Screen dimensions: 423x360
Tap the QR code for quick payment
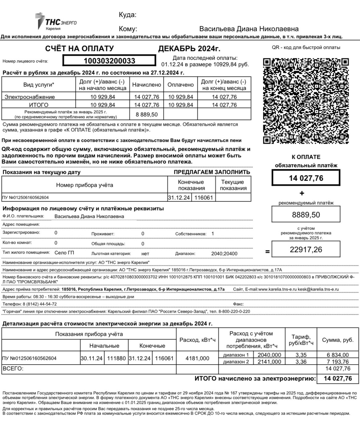306,101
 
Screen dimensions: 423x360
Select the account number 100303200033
109,61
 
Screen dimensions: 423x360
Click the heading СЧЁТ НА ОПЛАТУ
79,49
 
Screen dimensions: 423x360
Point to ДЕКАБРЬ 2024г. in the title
189,49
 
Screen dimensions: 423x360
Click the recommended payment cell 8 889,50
147,115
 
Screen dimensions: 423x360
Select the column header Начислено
147,85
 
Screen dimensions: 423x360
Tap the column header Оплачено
180,85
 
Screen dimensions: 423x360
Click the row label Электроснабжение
30,97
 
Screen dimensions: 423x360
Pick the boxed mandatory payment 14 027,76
306,178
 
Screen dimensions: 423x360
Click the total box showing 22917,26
306,249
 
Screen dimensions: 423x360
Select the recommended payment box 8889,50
306,215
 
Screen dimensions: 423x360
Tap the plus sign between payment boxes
302,193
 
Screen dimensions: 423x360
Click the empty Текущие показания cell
233,197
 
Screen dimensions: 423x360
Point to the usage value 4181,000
197,358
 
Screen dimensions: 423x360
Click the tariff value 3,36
301,362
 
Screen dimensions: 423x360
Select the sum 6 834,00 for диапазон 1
338,355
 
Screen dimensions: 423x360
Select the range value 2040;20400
224,254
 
